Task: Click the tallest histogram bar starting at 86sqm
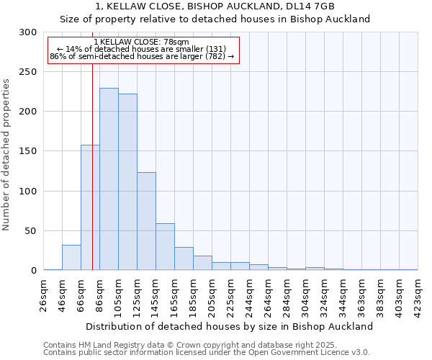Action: (x=109, y=179)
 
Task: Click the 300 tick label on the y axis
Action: (x=28, y=32)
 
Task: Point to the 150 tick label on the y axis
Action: (x=28, y=151)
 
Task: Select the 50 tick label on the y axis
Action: (x=30, y=231)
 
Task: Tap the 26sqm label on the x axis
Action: (x=44, y=295)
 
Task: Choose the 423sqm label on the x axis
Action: (x=418, y=295)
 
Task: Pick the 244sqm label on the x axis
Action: (x=249, y=295)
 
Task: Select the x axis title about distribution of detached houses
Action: (x=229, y=326)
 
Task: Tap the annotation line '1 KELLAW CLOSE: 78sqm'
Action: (x=141, y=42)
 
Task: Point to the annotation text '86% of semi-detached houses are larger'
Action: (x=142, y=56)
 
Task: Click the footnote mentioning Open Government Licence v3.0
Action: (x=207, y=353)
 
